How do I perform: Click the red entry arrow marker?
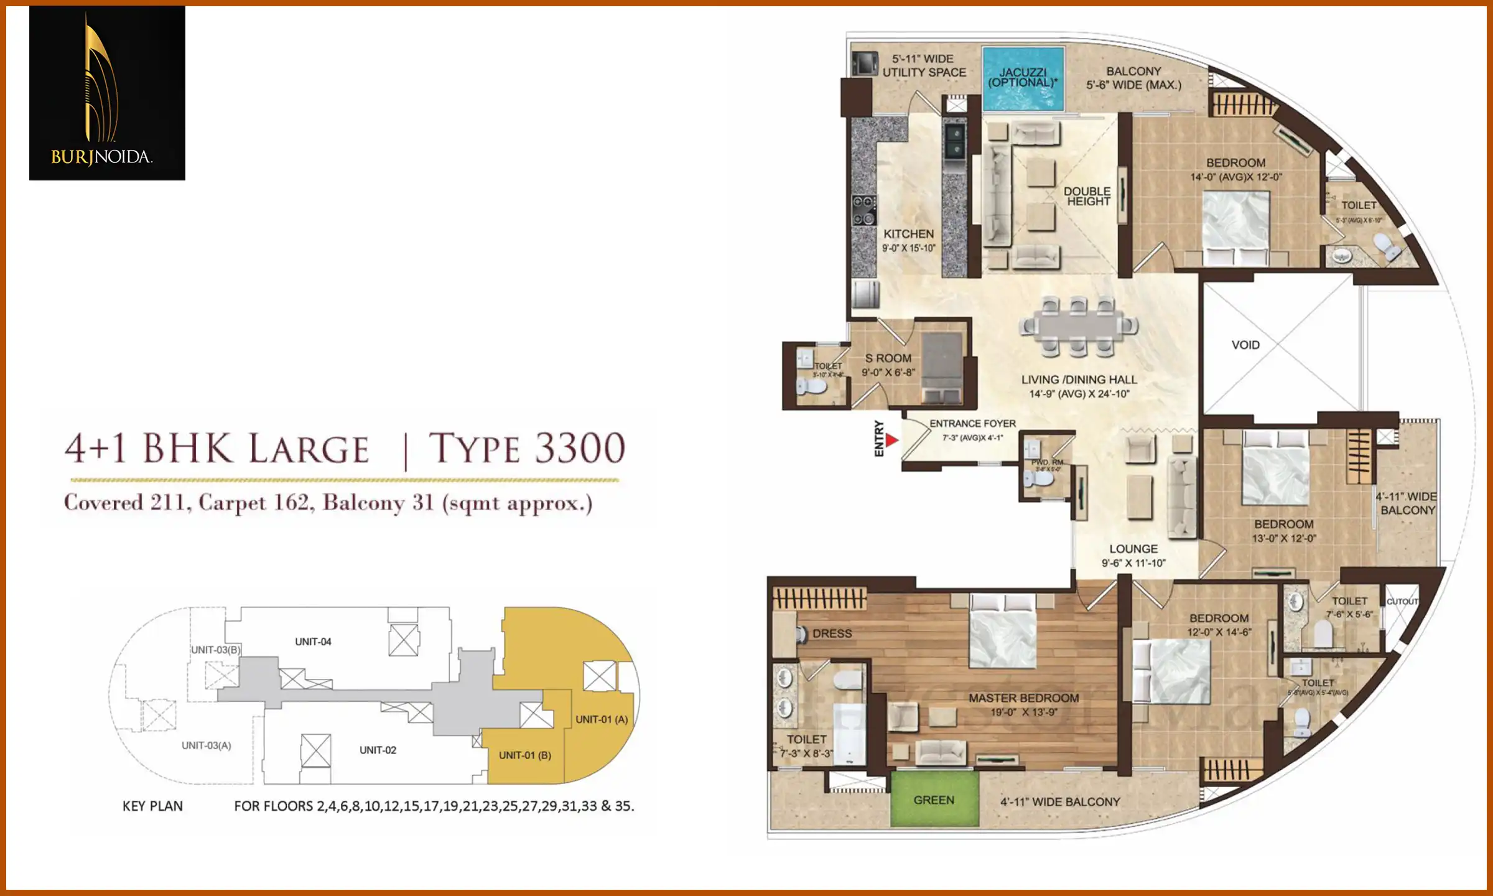click(x=892, y=441)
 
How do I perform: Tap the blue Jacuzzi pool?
click(x=1023, y=78)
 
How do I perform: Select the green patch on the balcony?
click(x=934, y=800)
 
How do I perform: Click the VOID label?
click(x=1245, y=345)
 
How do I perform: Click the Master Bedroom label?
click(x=1023, y=698)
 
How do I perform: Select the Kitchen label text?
click(x=908, y=234)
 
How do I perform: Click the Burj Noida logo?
click(x=107, y=93)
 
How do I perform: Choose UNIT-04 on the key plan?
click(x=313, y=642)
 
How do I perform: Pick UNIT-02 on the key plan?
click(x=378, y=750)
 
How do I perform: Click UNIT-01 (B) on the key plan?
click(x=524, y=755)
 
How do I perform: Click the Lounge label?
click(x=1133, y=549)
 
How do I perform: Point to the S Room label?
click(x=888, y=358)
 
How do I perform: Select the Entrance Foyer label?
click(x=973, y=424)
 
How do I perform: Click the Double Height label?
click(x=1087, y=196)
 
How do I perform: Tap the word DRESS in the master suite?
click(x=832, y=633)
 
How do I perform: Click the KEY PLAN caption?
click(x=152, y=806)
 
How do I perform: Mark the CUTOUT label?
click(x=1402, y=602)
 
